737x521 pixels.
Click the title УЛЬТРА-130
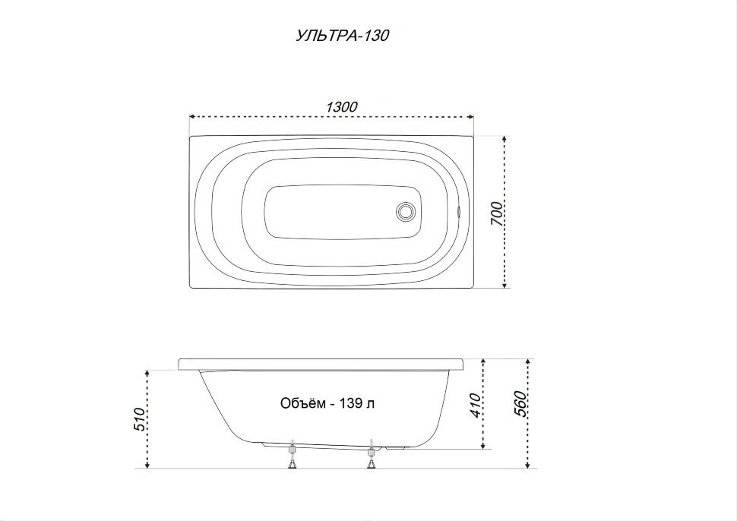coord(342,36)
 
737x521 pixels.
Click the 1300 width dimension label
coord(341,106)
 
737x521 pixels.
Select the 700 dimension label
coord(497,213)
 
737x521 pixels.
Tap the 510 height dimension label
coord(141,419)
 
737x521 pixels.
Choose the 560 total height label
coord(520,403)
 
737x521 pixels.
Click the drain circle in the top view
coord(405,211)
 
